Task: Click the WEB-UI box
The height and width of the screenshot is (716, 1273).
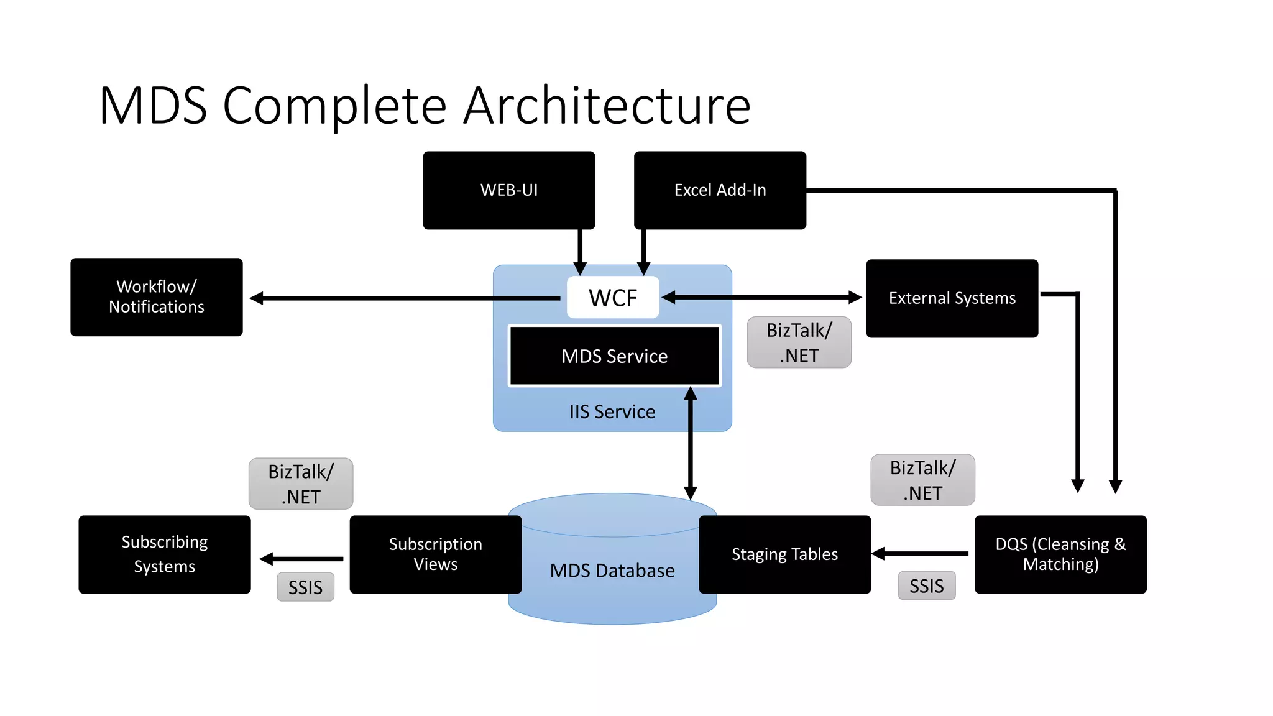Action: (508, 190)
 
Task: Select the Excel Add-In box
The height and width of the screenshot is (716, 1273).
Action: (719, 190)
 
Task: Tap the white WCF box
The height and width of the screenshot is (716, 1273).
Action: (612, 298)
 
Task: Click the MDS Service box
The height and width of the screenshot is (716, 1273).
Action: (614, 356)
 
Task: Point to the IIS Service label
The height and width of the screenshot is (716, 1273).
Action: (612, 411)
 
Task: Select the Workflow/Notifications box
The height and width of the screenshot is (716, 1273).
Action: (156, 297)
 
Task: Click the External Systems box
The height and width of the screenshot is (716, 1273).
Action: (952, 298)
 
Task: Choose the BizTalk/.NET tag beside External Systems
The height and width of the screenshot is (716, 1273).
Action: (799, 342)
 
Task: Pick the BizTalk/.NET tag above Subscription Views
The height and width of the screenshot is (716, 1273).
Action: (301, 484)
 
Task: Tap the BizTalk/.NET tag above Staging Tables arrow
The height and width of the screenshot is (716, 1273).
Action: (922, 480)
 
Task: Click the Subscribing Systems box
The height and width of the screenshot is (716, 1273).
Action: (164, 554)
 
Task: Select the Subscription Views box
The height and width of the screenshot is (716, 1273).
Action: (435, 554)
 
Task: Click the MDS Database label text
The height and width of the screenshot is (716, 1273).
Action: (612, 571)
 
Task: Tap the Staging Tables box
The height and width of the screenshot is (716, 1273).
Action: (784, 554)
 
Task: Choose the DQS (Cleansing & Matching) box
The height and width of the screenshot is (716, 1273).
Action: (1060, 554)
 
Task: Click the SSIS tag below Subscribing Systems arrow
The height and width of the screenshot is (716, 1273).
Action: (305, 587)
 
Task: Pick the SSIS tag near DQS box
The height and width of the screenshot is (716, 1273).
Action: (926, 585)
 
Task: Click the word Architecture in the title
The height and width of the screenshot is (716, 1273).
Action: (607, 106)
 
